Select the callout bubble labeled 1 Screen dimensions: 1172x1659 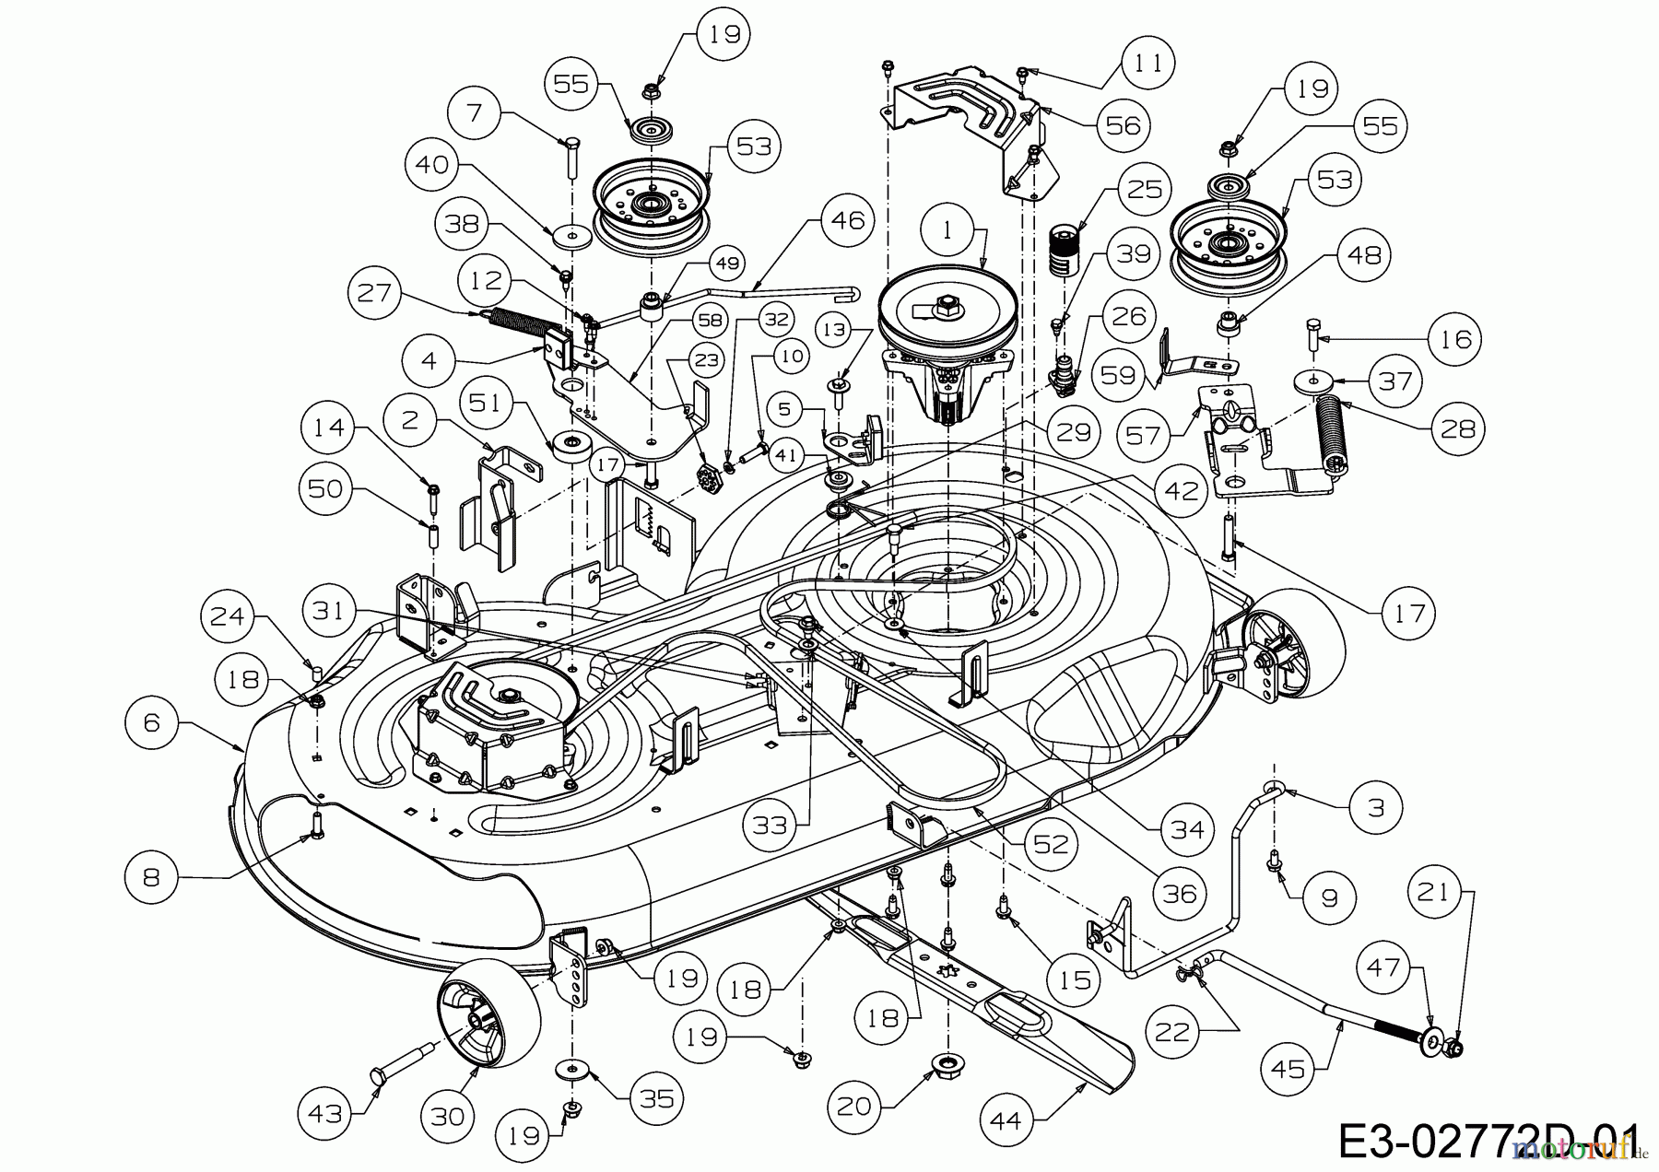pos(947,231)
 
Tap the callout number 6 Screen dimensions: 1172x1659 pos(152,722)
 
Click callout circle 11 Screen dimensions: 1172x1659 pos(1147,64)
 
